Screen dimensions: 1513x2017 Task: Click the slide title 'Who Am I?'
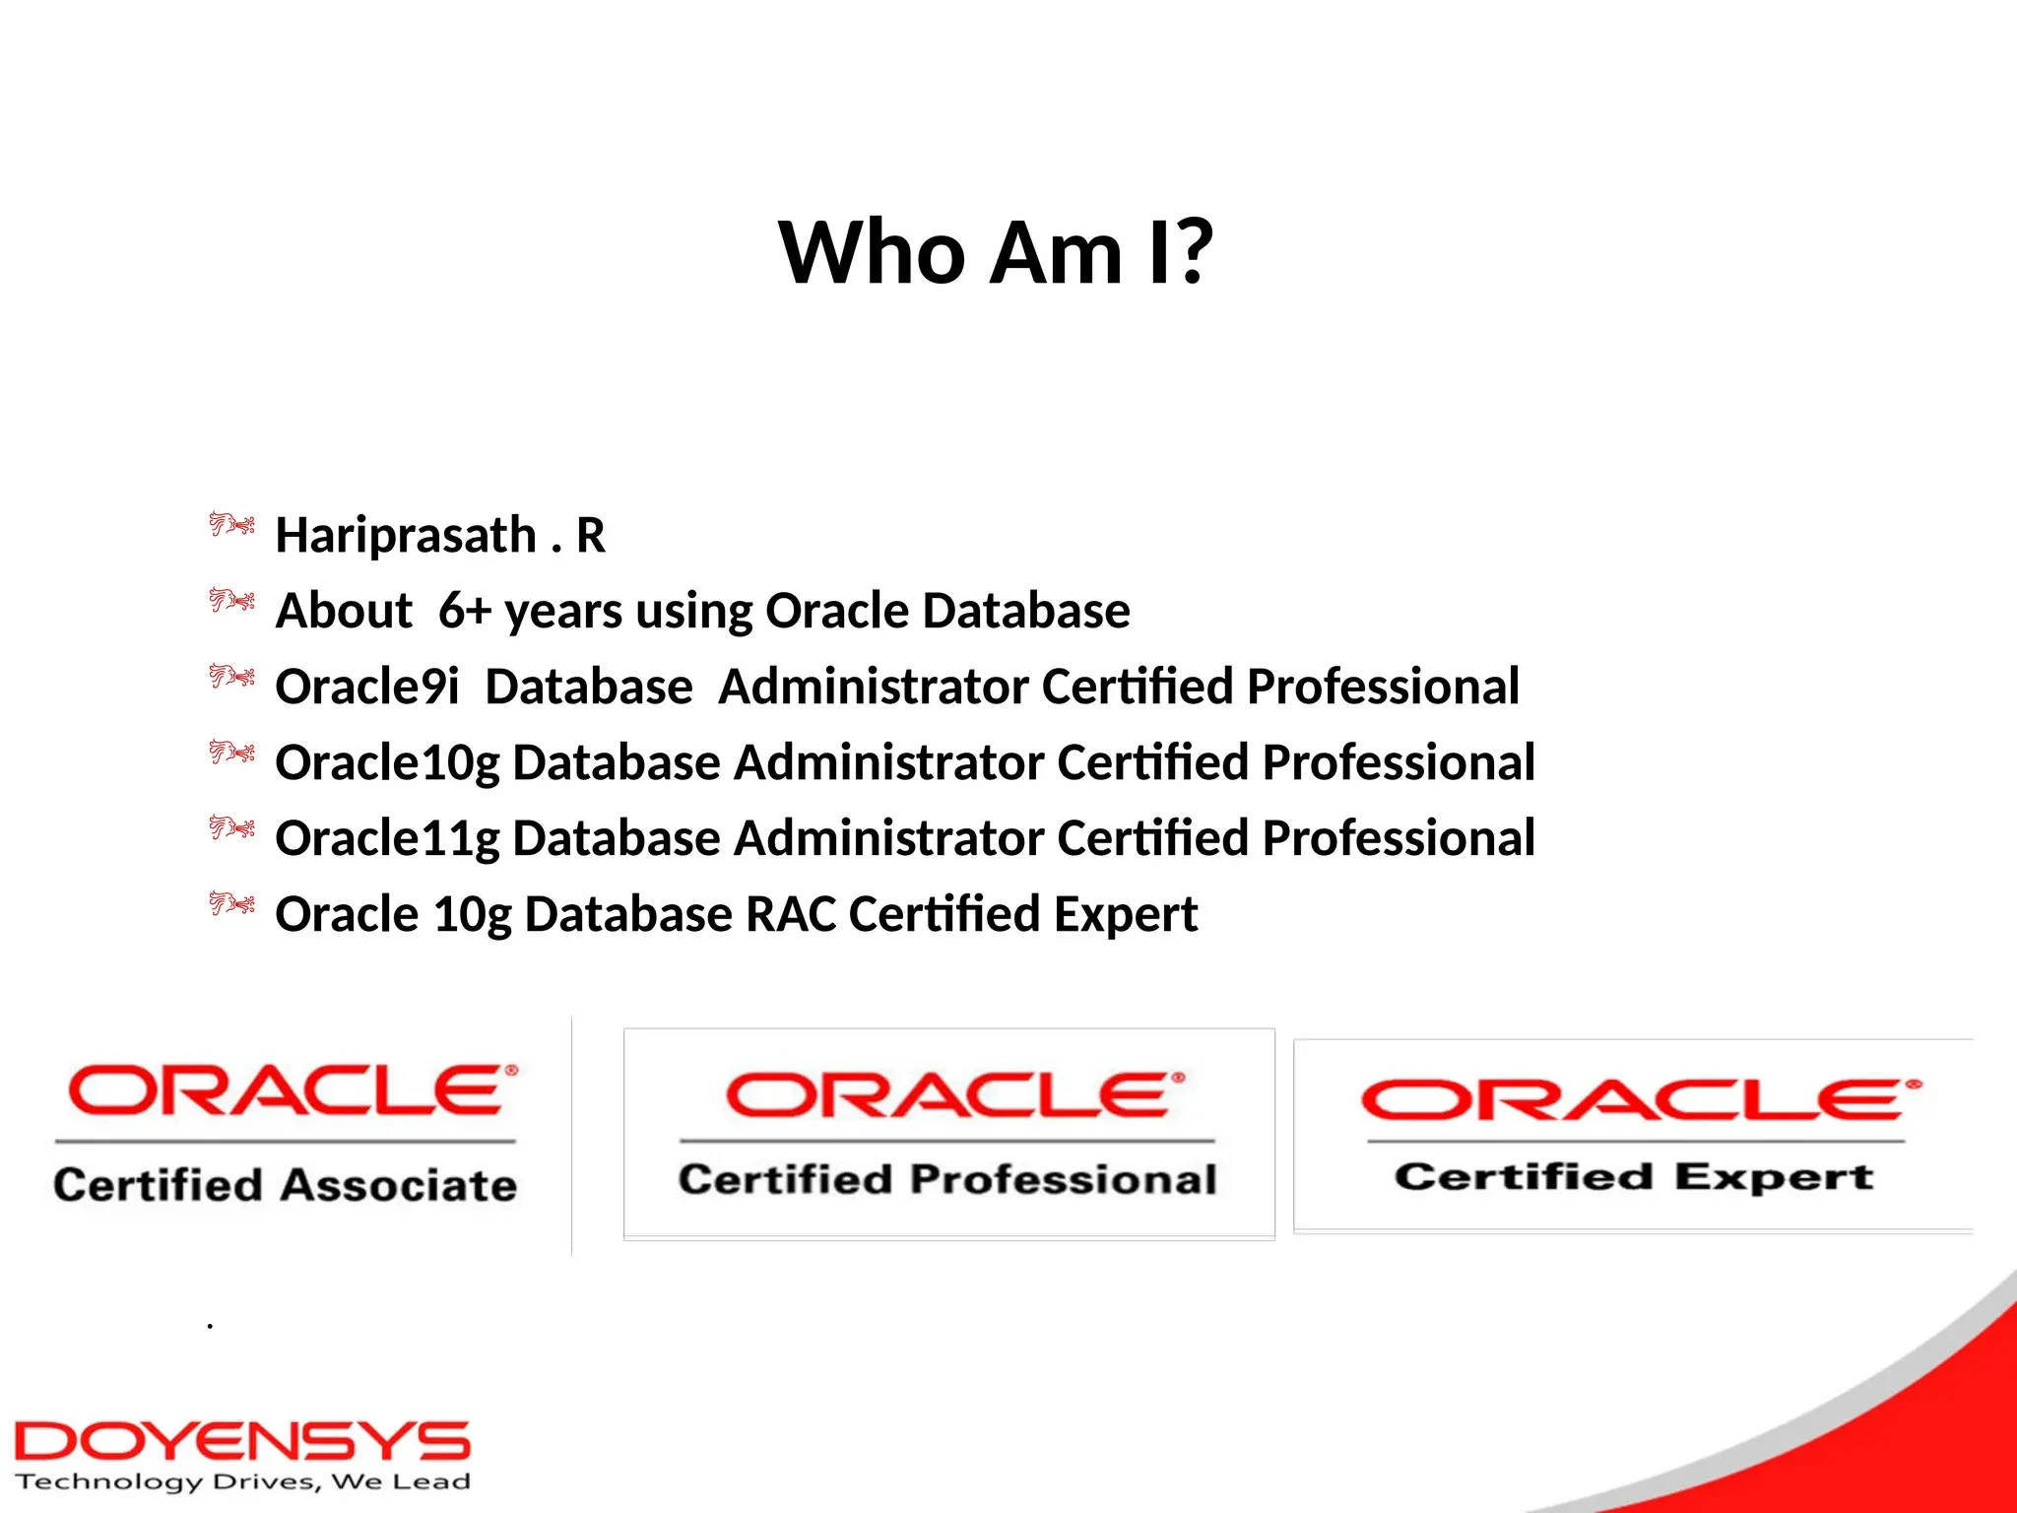pos(996,253)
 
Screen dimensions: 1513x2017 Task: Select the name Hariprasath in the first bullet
pos(406,536)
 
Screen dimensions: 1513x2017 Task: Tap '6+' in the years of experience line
pos(465,611)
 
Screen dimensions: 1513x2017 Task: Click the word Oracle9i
pos(366,687)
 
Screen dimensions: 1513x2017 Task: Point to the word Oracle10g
pos(387,763)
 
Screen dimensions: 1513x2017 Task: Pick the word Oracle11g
pos(387,839)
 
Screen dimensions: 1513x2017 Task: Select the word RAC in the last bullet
pos(791,914)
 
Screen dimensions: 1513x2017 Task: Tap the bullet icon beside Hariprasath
pos(231,524)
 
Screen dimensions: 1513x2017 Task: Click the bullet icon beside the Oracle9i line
pos(231,677)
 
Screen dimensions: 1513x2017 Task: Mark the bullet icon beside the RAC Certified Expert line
pos(231,903)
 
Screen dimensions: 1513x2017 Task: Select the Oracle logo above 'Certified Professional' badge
pos(954,1095)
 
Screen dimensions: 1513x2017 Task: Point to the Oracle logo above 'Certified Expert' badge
pos(1640,1100)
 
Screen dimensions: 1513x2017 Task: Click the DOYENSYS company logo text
pos(242,1442)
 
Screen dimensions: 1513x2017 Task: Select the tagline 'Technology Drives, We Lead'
pos(242,1482)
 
